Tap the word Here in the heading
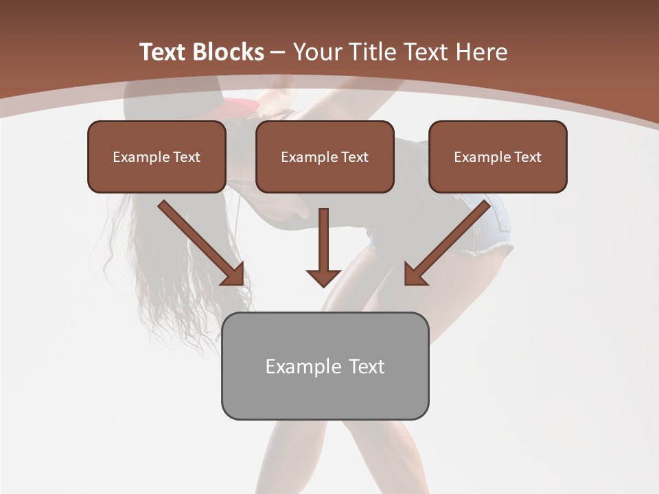[x=481, y=52]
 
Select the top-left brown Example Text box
[x=157, y=157]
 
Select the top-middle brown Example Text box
[x=325, y=157]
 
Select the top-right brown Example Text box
[x=498, y=157]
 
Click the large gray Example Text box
[x=325, y=366]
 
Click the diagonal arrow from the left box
[x=203, y=244]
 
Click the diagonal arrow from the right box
[x=446, y=244]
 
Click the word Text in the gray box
[x=367, y=366]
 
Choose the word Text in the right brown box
[x=527, y=157]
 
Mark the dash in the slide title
[x=278, y=52]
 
